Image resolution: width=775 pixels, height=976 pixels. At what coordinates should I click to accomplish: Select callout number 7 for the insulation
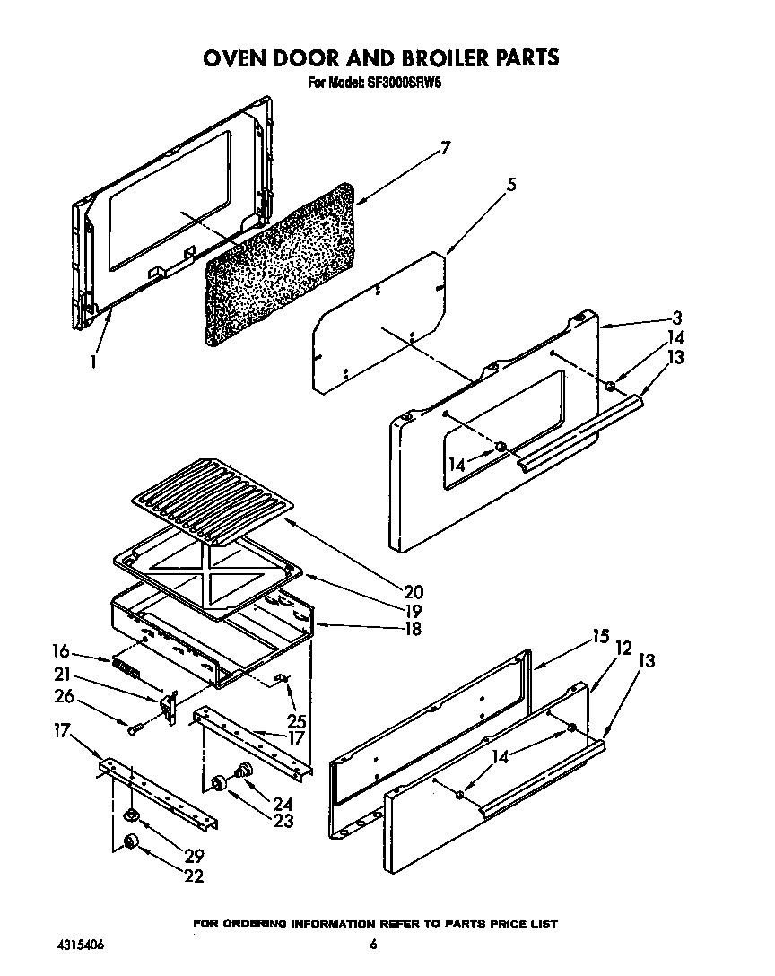pyautogui.click(x=445, y=149)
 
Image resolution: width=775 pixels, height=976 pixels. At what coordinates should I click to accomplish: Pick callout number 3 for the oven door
pyautogui.click(x=677, y=318)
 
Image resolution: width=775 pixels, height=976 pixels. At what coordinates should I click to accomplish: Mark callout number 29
pyautogui.click(x=194, y=856)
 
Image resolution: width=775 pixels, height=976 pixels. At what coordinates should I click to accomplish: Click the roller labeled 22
pyautogui.click(x=132, y=841)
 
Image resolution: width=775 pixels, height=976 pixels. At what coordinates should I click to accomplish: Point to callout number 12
pyautogui.click(x=623, y=647)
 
